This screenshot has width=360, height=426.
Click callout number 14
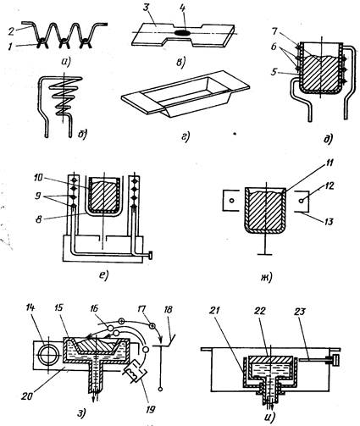coord(30,307)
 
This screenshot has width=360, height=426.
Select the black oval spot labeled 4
coord(182,33)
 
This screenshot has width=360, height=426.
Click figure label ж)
coord(266,278)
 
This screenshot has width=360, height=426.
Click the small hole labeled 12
coord(302,201)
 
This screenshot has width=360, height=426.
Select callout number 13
coord(328,222)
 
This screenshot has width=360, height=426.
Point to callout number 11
coord(330,163)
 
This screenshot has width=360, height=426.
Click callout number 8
coord(40,219)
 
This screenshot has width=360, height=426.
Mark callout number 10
coord(36,179)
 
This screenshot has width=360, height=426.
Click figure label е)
coord(104,274)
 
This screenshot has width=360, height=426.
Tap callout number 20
coord(28,396)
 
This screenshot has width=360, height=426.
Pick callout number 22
coord(260,311)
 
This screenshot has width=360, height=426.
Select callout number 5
coord(274,72)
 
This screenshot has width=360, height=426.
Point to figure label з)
coord(81,413)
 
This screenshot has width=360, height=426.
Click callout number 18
coord(168,310)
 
